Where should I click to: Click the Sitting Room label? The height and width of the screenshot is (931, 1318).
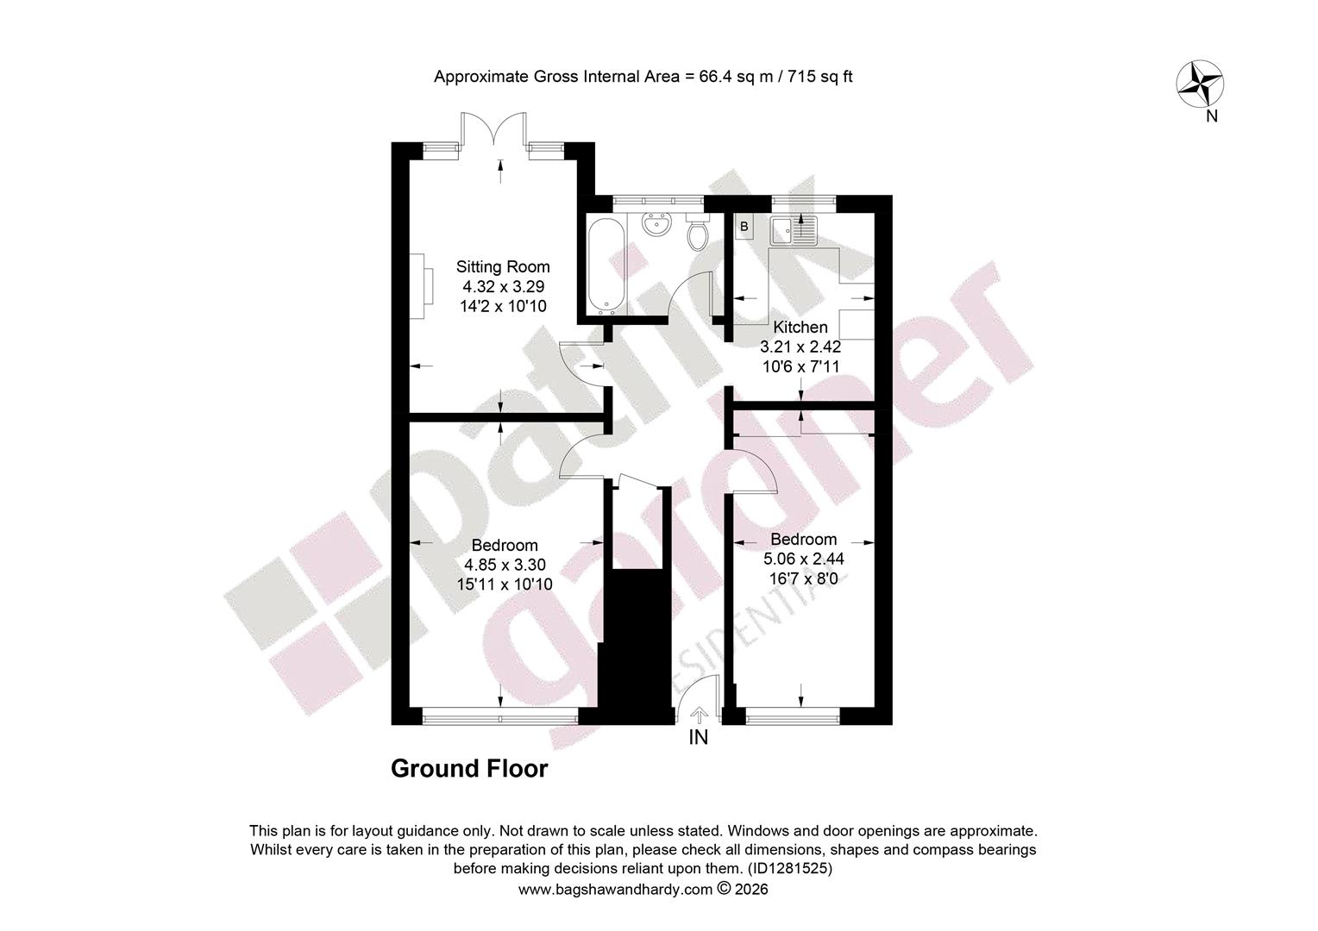[503, 267]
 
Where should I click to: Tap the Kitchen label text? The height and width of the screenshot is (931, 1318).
[800, 327]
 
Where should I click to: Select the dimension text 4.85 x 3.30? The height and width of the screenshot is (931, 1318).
[505, 565]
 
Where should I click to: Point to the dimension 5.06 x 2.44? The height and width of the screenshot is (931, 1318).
[803, 559]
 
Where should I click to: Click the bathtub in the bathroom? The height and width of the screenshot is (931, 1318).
[606, 265]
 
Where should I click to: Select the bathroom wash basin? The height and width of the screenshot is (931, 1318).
[656, 225]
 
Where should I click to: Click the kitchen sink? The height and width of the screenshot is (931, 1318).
[794, 230]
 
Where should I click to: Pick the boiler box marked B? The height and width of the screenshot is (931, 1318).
[744, 227]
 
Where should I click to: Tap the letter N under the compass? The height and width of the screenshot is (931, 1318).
[1212, 116]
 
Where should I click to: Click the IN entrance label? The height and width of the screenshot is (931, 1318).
[699, 737]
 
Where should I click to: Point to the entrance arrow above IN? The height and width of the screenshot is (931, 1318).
[699, 715]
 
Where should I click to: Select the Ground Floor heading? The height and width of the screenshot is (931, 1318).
[469, 769]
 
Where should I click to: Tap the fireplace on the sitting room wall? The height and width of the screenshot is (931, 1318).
[421, 286]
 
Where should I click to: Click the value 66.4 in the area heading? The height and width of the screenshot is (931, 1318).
[715, 77]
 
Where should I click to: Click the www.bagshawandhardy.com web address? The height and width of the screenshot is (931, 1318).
[616, 890]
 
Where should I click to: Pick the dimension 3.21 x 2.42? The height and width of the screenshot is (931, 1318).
[800, 347]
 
